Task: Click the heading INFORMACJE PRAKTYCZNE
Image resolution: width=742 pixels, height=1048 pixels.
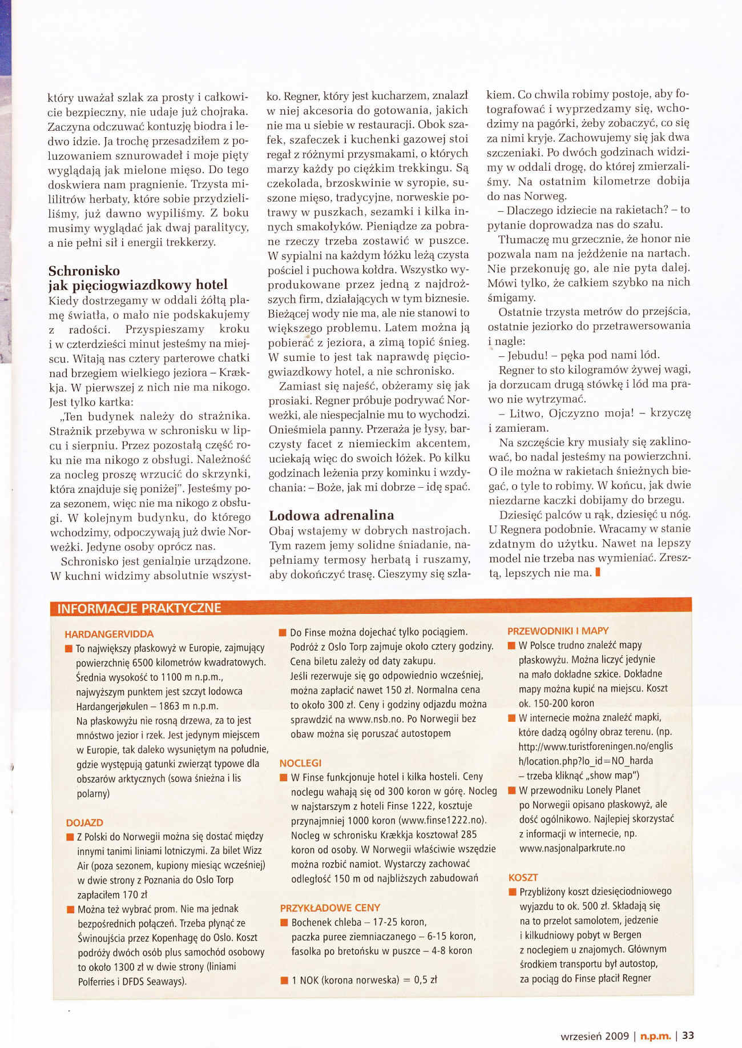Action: (139, 608)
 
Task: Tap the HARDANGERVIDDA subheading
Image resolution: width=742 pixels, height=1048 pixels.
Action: (109, 634)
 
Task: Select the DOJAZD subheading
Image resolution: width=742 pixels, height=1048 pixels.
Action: (84, 822)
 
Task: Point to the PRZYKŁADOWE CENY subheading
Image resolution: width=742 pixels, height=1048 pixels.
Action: (330, 908)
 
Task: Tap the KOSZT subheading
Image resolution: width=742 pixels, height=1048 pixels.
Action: (523, 877)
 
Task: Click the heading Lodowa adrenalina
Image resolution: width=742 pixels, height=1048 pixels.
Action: (331, 515)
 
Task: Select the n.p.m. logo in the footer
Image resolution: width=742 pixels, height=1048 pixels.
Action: (655, 1036)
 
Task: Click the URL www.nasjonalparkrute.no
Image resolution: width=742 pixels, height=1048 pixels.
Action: (572, 848)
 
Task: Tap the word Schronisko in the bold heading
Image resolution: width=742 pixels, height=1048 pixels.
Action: (84, 271)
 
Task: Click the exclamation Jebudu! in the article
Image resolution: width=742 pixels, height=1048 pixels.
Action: (527, 355)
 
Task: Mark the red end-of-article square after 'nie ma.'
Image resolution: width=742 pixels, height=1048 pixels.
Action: (597, 572)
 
